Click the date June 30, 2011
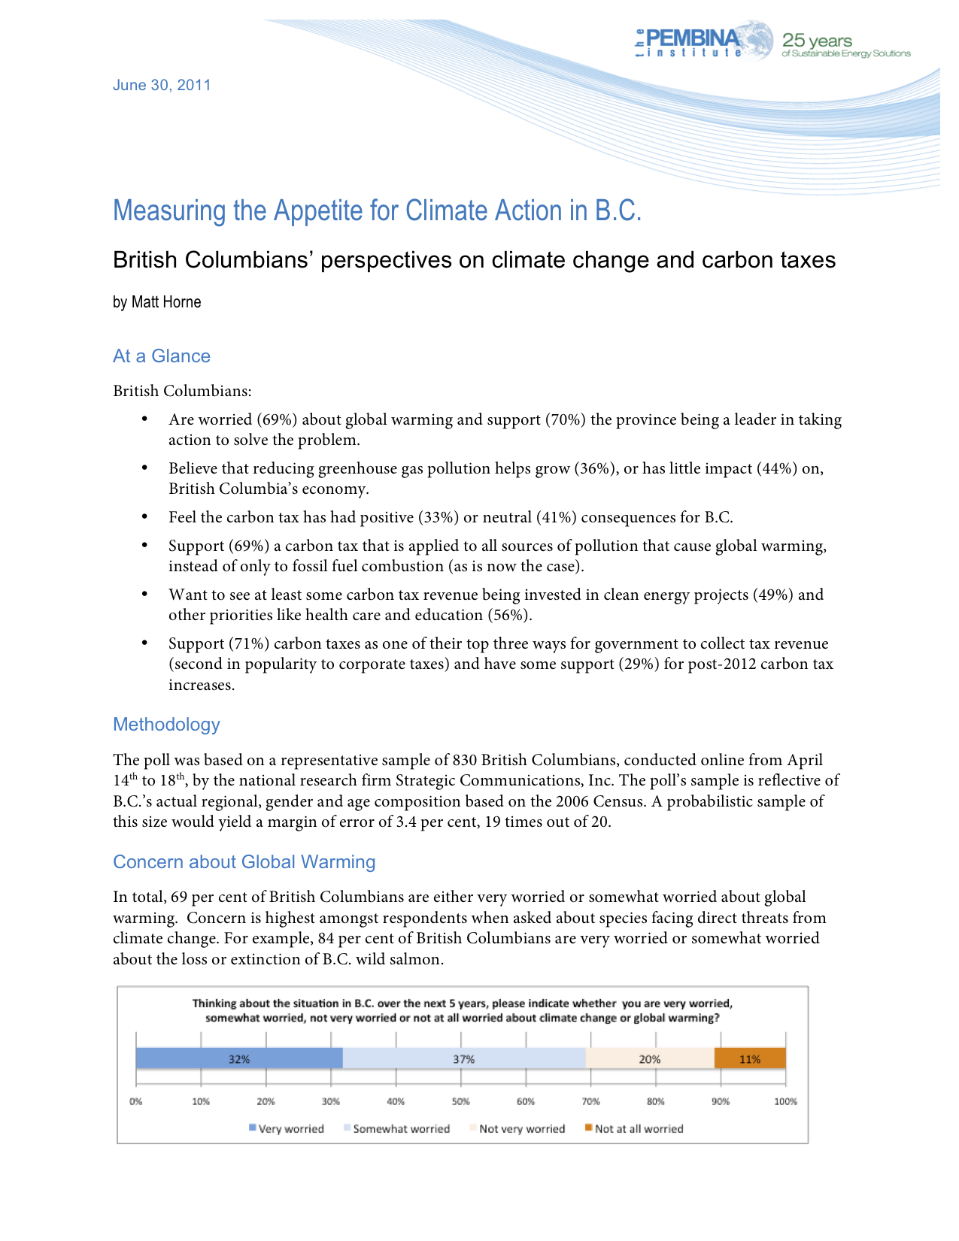click(162, 85)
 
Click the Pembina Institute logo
click(703, 42)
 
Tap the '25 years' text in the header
click(817, 41)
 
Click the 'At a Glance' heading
click(162, 356)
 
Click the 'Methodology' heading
click(166, 725)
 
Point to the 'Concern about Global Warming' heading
click(244, 862)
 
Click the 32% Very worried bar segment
click(239, 1059)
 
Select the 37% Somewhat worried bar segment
click(463, 1059)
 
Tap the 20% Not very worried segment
click(649, 1059)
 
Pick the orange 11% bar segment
click(750, 1059)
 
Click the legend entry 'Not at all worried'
click(638, 1129)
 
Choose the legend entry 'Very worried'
click(290, 1129)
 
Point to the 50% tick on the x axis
click(460, 1102)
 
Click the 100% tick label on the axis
click(785, 1102)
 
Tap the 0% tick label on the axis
click(135, 1102)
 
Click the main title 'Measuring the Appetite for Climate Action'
click(377, 211)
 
